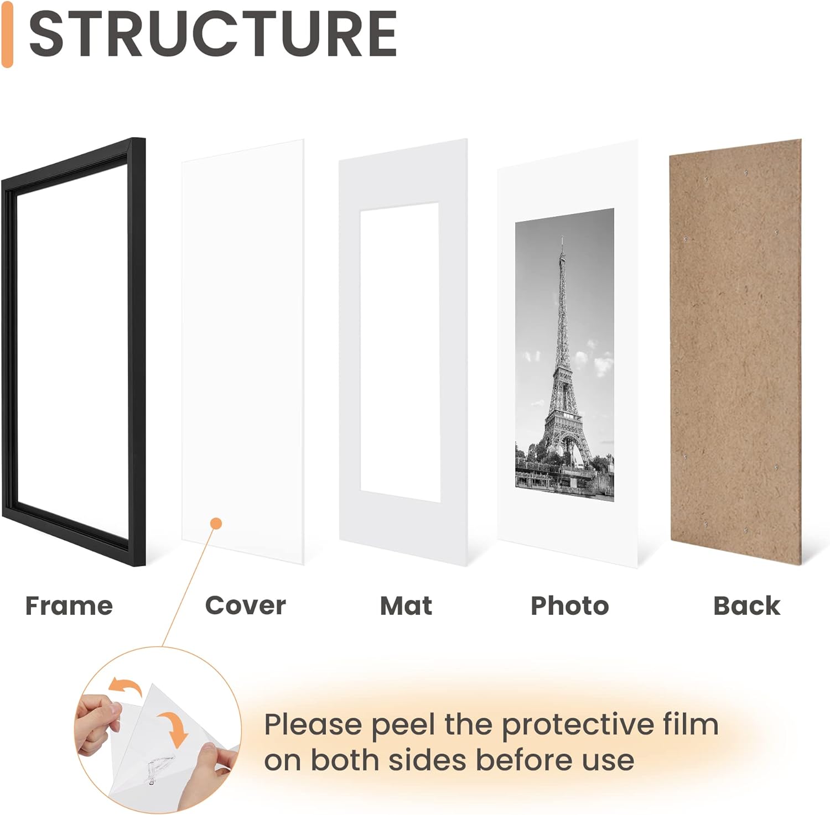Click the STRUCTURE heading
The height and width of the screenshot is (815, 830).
(213, 34)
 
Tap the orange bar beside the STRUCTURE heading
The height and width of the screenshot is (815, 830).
(7, 34)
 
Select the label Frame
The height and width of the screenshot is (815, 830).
(69, 606)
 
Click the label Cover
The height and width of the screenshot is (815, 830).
(246, 606)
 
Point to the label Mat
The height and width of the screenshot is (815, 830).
(406, 606)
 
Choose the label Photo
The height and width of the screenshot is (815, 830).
(570, 606)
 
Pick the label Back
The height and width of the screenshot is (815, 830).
(747, 606)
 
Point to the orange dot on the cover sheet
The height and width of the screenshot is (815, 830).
(216, 523)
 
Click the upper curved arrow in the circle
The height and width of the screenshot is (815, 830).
(124, 686)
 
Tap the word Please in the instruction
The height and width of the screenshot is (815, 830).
(313, 724)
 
